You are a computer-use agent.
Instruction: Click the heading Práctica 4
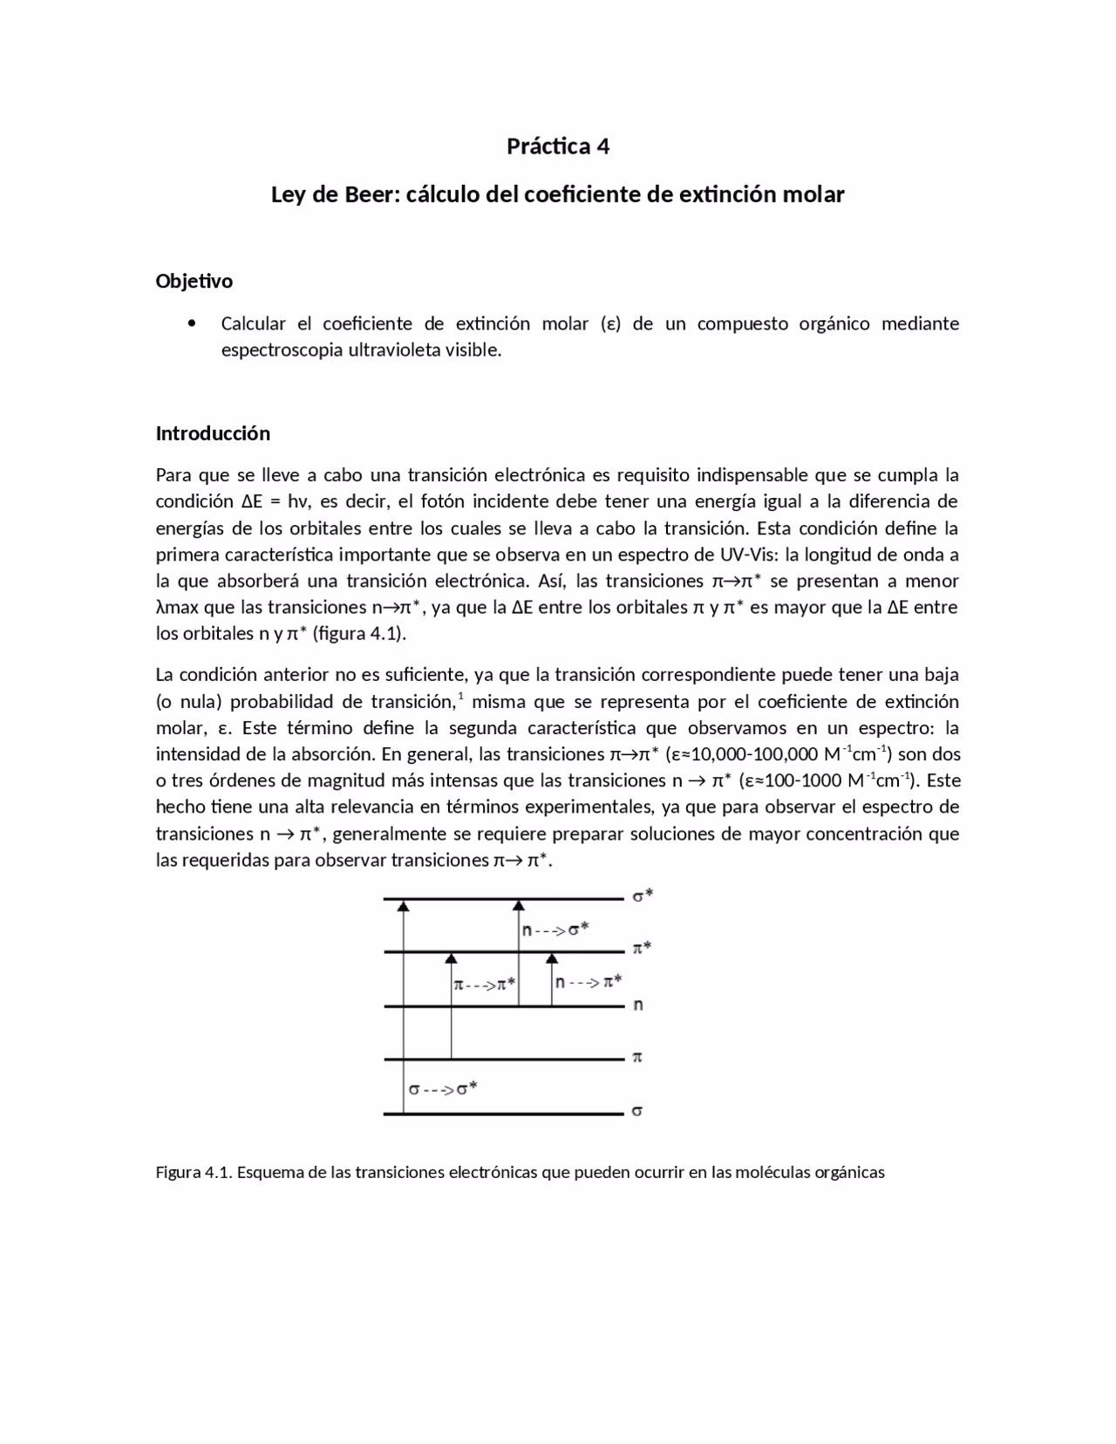[x=557, y=146]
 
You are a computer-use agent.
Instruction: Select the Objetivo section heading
[x=194, y=281]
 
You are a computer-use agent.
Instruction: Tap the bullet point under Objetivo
[x=192, y=324]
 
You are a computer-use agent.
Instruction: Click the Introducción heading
[x=213, y=433]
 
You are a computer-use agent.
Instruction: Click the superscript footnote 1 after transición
[x=460, y=696]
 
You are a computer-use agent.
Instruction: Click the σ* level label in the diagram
[x=643, y=896]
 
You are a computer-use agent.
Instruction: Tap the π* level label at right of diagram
[x=642, y=949]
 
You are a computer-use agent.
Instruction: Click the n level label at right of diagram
[x=638, y=1005]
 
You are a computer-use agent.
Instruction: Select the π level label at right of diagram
[x=637, y=1058]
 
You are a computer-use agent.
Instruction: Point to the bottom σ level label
[x=637, y=1112]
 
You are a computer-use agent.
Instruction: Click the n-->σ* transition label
[x=555, y=930]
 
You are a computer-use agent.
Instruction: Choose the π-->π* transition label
[x=485, y=984]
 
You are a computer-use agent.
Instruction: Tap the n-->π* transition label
[x=589, y=982]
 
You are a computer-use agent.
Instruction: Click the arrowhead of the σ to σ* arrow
[x=403, y=907]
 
